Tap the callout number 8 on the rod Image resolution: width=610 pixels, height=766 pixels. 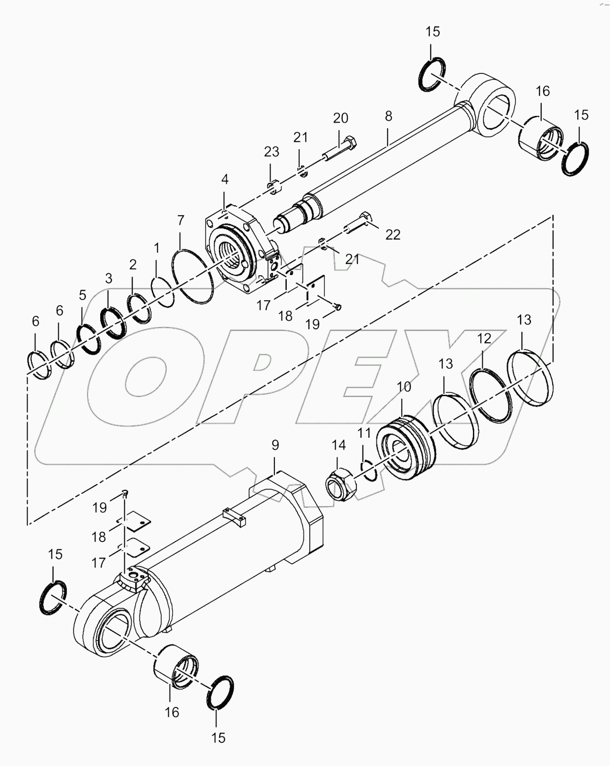tap(388, 116)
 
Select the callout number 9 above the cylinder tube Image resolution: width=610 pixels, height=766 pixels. tap(275, 445)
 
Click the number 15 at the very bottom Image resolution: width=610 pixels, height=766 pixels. tap(218, 737)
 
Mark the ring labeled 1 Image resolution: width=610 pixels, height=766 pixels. tap(162, 292)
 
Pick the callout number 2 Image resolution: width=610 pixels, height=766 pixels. tap(133, 265)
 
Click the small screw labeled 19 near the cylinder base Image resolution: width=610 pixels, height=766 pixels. tap(125, 493)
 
